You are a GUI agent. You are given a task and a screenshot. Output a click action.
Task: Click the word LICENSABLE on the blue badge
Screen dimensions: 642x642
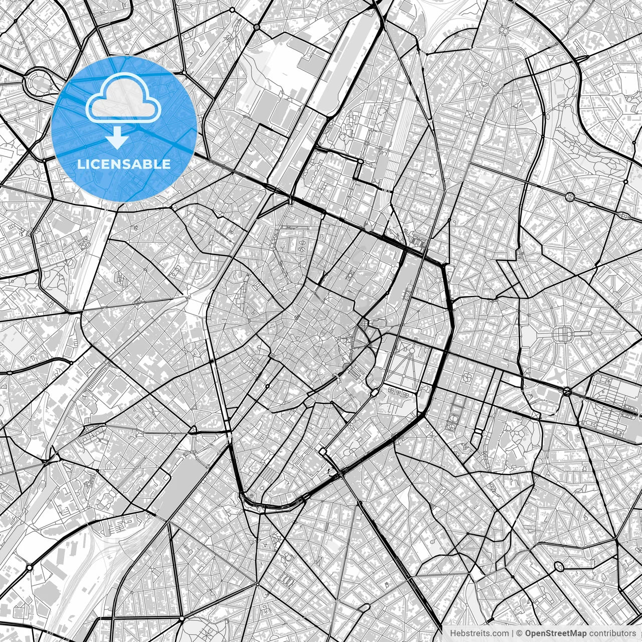click(124, 164)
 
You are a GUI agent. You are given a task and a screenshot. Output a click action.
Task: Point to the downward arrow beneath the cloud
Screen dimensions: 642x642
click(117, 138)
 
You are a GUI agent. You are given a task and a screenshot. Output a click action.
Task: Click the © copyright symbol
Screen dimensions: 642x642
click(520, 633)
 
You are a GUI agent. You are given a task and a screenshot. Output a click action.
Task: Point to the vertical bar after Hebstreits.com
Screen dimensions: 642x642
click(512, 633)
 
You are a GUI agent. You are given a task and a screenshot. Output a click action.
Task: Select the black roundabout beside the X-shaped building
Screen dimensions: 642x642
click(567, 392)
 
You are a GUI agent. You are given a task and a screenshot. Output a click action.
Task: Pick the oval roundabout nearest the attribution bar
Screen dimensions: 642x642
click(558, 567)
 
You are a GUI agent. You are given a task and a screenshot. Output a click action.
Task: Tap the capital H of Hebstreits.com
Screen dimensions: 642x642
click(453, 633)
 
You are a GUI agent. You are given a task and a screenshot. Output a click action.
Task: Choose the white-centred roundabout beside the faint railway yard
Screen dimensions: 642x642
click(29, 567)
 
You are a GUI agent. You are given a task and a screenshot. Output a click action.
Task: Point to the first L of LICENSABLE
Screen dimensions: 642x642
click(80, 164)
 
